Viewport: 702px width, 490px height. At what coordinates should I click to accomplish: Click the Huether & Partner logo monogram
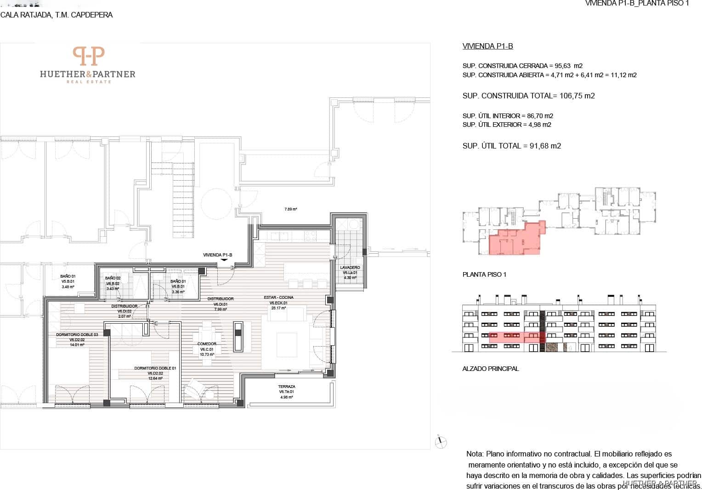tap(89, 56)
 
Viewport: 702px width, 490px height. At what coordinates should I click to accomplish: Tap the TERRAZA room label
tap(286, 387)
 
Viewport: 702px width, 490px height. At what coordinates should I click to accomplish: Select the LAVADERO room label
tap(350, 268)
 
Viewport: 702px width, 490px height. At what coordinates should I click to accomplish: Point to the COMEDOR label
tap(207, 344)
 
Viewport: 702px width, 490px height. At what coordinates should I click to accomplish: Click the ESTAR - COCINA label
tap(278, 297)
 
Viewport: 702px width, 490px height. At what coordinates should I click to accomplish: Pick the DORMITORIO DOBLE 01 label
tap(155, 368)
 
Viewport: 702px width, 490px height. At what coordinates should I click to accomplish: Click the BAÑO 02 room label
tap(113, 278)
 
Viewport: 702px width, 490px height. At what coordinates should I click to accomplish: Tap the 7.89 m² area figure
tap(291, 209)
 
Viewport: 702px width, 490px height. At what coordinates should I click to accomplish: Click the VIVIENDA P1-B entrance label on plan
tap(217, 255)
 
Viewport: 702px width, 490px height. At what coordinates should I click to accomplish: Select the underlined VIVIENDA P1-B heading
tap(487, 46)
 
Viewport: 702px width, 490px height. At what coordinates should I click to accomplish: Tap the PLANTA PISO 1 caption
tap(484, 275)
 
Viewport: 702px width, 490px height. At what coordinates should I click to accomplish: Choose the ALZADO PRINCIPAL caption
tap(490, 369)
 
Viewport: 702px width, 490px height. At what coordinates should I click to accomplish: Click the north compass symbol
tap(440, 442)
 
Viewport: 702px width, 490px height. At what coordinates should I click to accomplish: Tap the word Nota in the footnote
tap(475, 454)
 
